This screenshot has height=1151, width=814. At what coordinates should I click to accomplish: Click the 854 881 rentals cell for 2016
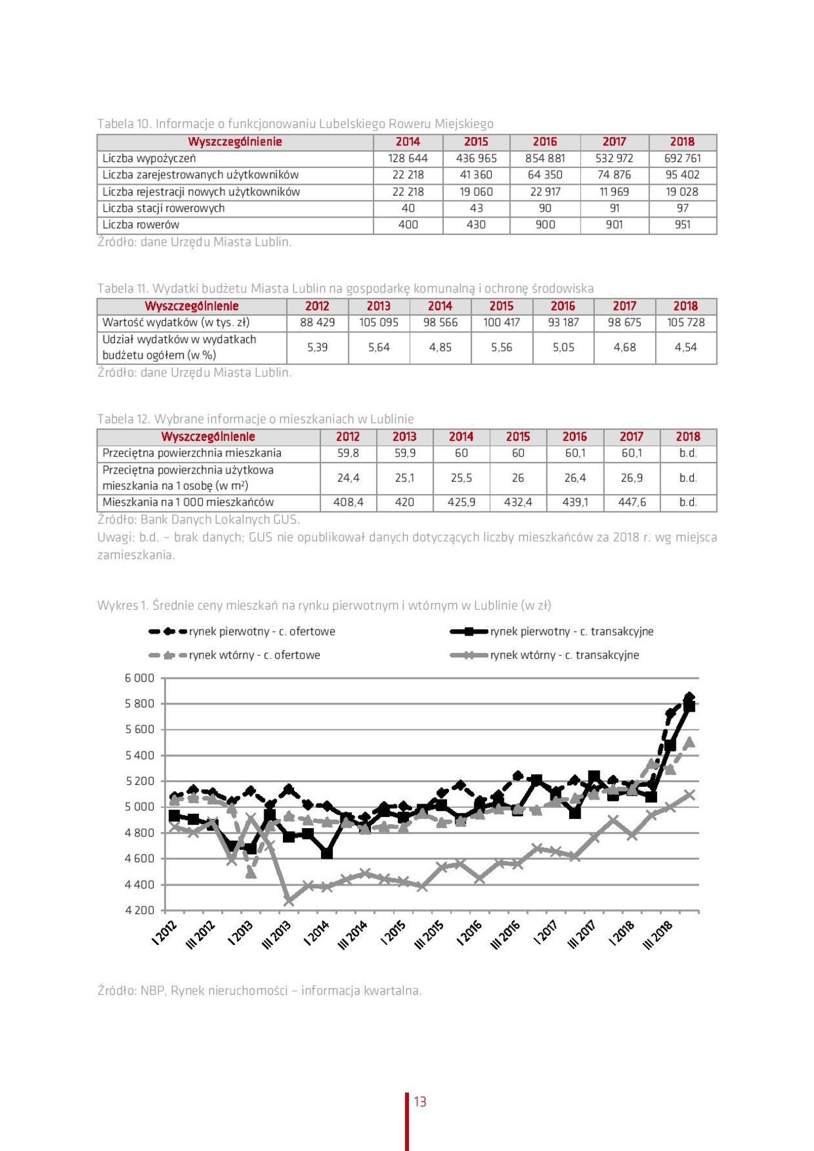point(545,158)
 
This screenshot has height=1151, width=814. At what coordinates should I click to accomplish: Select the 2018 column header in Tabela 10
point(682,142)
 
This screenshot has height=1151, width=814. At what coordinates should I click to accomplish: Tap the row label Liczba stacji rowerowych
point(163,208)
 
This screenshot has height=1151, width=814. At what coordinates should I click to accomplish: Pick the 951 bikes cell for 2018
point(682,225)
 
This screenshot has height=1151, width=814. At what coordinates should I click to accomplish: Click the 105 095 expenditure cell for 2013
point(379,322)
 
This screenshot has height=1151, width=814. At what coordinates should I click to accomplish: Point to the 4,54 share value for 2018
point(685,347)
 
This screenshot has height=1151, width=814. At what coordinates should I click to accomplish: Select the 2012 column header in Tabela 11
point(317,306)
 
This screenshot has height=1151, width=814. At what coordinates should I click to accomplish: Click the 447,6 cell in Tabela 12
point(631,502)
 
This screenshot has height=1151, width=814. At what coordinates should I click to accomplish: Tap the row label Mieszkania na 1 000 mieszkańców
point(188,502)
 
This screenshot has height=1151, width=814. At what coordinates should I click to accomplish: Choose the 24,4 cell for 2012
point(348,478)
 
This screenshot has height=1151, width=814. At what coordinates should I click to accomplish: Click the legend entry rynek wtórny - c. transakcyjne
point(564,655)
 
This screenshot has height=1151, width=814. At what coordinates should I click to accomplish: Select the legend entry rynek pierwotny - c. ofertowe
point(262,632)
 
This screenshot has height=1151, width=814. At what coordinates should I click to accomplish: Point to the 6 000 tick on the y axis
point(140,678)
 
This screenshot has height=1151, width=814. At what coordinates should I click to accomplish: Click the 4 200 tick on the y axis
point(140,910)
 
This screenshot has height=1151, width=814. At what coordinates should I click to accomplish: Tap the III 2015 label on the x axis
point(428,935)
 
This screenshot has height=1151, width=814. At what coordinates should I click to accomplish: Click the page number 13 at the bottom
point(420,1102)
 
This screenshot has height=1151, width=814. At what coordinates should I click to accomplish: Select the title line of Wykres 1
point(324,605)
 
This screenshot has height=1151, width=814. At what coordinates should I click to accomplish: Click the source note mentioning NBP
point(259,990)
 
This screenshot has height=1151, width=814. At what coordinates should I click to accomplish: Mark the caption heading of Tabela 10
point(295,123)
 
